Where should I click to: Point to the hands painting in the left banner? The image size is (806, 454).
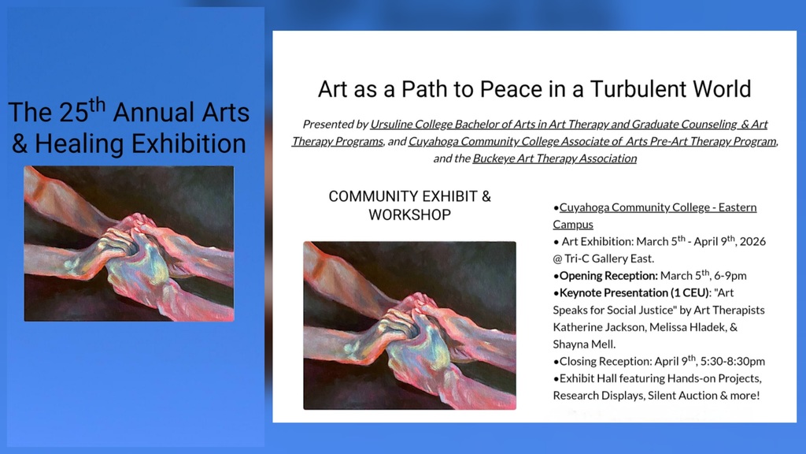[x=129, y=244]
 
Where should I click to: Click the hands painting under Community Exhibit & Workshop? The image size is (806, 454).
[x=409, y=326]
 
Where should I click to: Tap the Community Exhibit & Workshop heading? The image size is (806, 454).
[x=409, y=205]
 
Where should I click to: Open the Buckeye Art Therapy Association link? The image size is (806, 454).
[x=554, y=158]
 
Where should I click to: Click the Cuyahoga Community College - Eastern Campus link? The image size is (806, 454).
[x=657, y=207]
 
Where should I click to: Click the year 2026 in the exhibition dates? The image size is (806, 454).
[x=750, y=241]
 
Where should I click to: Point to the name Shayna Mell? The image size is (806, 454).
[x=584, y=344]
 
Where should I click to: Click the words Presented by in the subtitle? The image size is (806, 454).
[x=335, y=125]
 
